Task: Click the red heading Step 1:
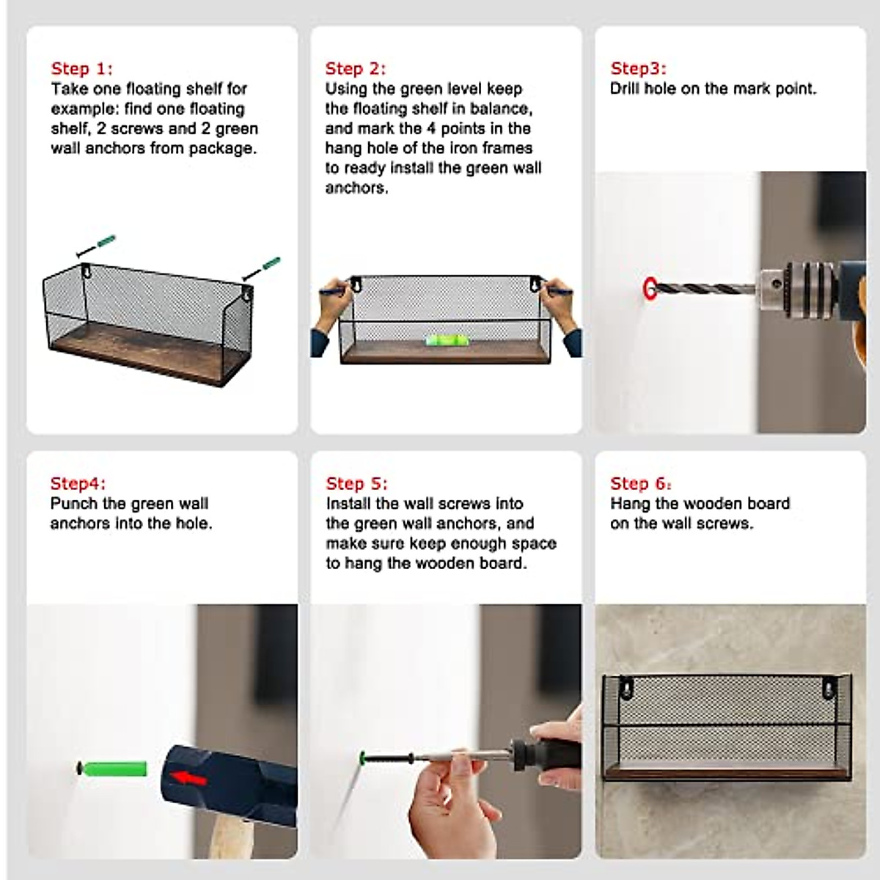[81, 68]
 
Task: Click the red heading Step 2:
[355, 68]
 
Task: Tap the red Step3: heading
[639, 68]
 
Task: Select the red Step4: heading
[78, 483]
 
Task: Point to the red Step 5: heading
[356, 483]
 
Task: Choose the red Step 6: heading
[641, 483]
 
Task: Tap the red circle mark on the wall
[650, 289]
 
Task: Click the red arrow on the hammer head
[188, 777]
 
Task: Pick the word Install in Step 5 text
[348, 503]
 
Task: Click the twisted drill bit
[705, 289]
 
